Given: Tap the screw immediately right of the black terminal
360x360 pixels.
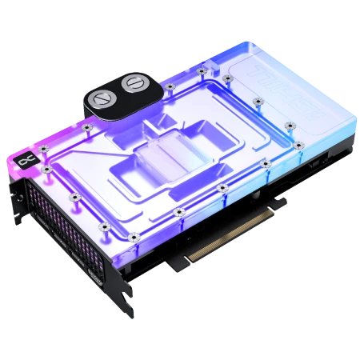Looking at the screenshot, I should [x=170, y=86].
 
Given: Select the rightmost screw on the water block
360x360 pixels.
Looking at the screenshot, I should [x=298, y=146].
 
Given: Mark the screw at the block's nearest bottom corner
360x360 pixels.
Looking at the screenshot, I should [x=134, y=237].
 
